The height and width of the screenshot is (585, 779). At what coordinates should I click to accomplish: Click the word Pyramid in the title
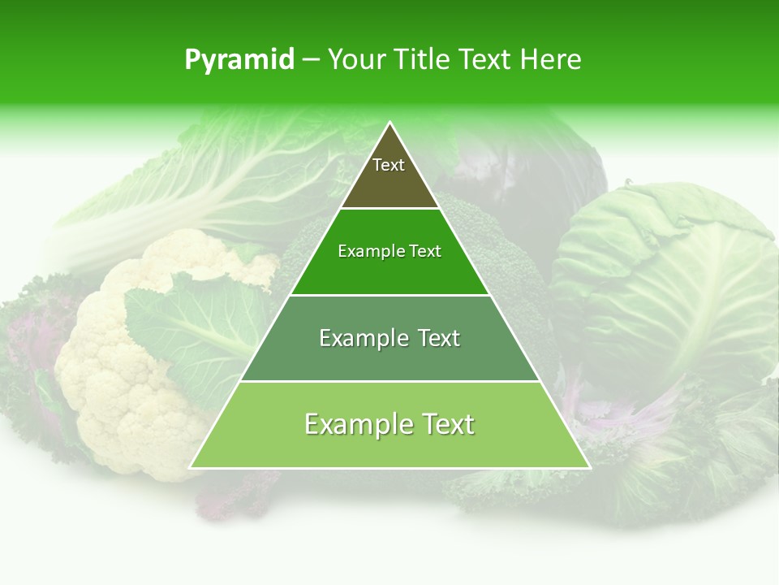coord(239,60)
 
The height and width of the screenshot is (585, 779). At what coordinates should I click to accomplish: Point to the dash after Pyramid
coord(310,60)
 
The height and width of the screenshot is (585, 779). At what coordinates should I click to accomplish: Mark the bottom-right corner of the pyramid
coord(589,467)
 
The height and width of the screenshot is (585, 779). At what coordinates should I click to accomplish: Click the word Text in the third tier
coord(435,338)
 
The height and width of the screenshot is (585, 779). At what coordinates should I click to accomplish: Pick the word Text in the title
coord(487,59)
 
